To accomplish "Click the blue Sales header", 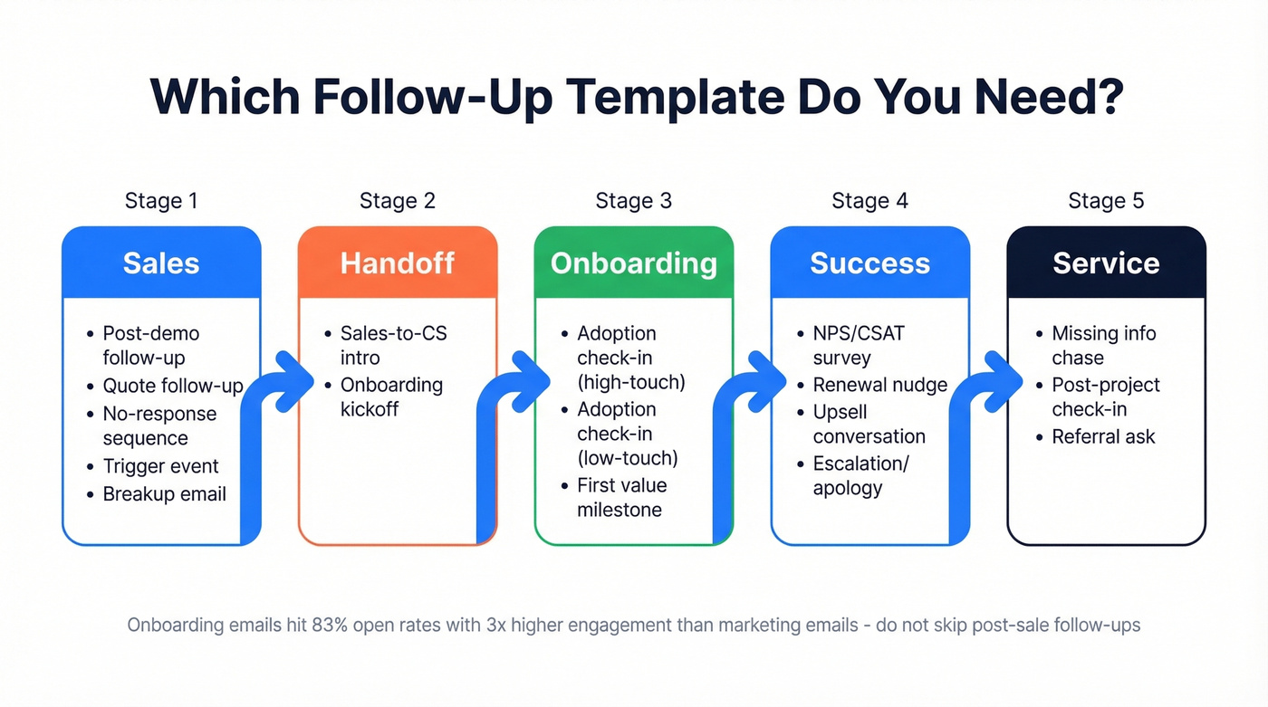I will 161,263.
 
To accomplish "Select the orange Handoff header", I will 398,263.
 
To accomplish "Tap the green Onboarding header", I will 633,263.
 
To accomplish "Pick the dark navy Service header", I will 1106,263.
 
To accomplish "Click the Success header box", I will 869,263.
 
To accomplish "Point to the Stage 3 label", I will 633,200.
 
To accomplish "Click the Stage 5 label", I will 1106,200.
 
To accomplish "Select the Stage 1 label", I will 161,200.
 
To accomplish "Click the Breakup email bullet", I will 164,494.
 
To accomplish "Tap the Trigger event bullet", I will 160,466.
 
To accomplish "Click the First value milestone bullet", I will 621,497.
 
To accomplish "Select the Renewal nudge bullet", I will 879,385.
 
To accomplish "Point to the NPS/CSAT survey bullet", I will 858,345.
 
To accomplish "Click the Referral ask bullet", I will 1103,436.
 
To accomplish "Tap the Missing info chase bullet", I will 1103,345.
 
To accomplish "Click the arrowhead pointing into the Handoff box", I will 293,371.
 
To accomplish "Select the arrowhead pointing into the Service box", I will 1004,371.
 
